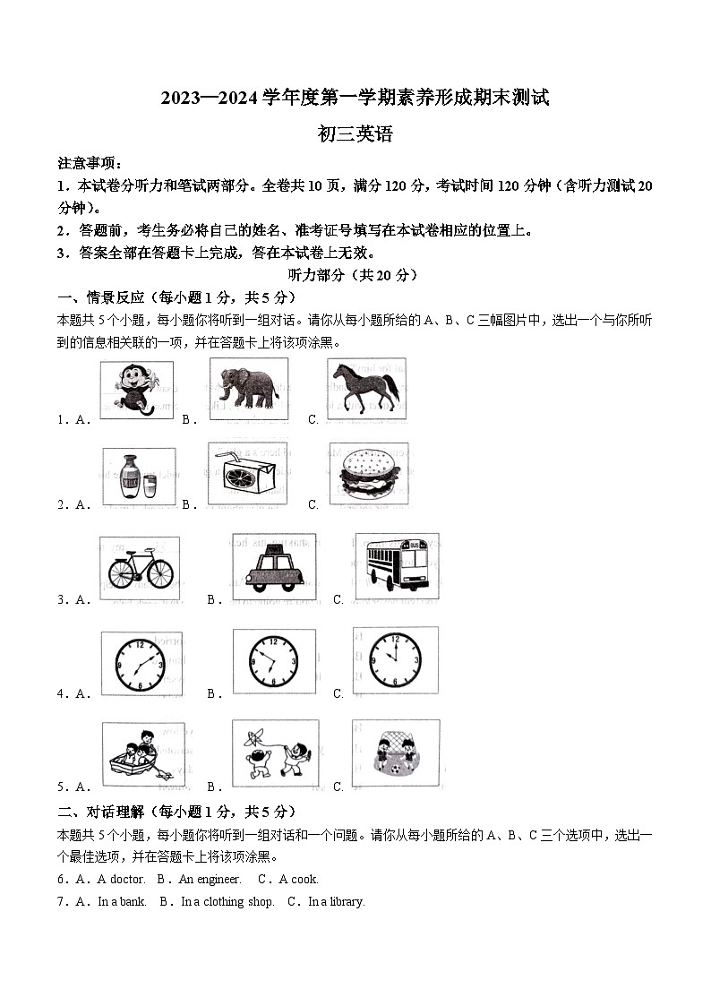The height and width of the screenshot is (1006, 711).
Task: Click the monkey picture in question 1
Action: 136,390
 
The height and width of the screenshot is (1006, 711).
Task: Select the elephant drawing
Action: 248,389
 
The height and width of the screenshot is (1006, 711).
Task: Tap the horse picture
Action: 363,387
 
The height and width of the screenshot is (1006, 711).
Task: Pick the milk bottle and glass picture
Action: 138,477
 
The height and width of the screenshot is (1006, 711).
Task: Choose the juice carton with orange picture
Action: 247,473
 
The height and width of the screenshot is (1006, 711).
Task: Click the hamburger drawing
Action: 367,473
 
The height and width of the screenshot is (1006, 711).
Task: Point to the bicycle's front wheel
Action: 158,573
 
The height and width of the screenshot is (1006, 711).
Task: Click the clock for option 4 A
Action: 140,664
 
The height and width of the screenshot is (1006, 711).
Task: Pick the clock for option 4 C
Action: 395,659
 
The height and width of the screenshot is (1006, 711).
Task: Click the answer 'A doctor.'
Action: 121,880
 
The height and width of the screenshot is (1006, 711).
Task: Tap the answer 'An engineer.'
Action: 210,880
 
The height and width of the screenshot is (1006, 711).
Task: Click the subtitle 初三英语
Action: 355,135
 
